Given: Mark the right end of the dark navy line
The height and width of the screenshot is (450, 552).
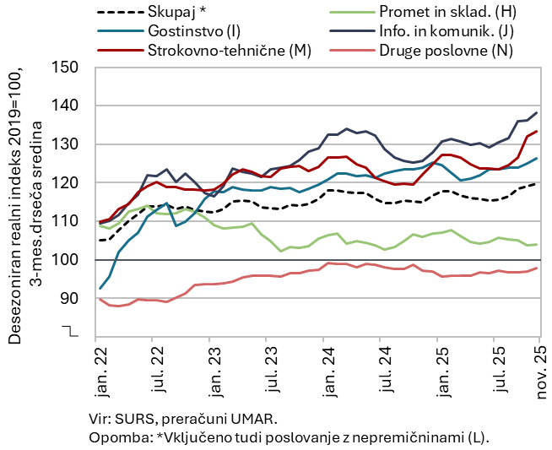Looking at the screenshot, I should (538, 113).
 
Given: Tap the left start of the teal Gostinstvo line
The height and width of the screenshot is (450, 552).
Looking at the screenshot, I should (100, 289).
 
